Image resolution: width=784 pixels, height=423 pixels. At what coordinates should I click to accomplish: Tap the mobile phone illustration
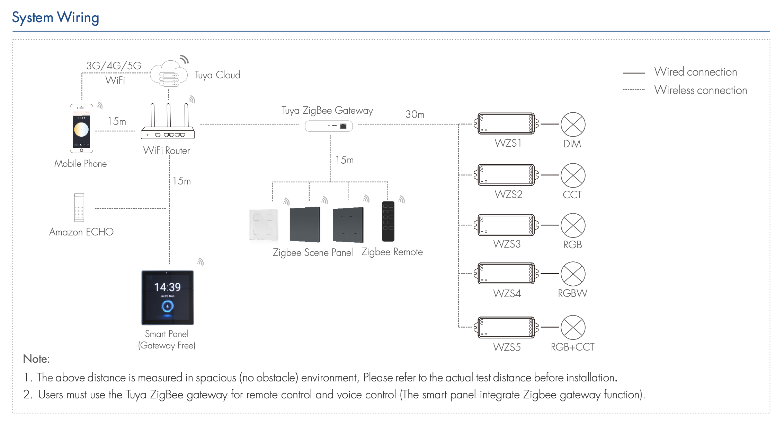tap(81, 128)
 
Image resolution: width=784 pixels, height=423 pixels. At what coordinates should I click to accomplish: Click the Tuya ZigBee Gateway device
tap(329, 126)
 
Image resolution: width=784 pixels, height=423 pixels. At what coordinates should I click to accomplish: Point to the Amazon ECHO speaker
tap(79, 207)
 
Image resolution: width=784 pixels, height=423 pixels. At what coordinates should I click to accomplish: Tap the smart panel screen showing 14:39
tap(168, 297)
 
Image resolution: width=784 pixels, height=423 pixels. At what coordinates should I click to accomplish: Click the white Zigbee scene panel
tap(264, 225)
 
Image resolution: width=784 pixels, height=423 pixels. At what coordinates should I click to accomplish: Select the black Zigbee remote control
tap(388, 221)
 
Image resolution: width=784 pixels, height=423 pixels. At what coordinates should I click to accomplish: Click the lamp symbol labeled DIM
tap(573, 124)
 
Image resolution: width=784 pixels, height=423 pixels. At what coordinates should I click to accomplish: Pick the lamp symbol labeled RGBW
tap(573, 274)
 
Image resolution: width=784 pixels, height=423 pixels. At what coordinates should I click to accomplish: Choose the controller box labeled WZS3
tap(506, 225)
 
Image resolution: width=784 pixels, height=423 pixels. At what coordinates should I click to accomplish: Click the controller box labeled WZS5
tap(506, 327)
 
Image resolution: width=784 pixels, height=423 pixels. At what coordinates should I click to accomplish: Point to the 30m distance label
tap(415, 114)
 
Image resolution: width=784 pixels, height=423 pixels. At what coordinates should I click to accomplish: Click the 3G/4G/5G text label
tap(114, 66)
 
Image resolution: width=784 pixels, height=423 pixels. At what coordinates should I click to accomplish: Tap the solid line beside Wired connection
tap(633, 73)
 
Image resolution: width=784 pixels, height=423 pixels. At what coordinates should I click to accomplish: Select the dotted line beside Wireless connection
tap(633, 89)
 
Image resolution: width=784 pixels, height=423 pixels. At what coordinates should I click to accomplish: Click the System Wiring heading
tap(55, 17)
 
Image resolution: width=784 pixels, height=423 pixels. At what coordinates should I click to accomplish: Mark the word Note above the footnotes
tap(36, 359)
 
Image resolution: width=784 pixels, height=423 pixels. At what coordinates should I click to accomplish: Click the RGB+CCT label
tap(572, 347)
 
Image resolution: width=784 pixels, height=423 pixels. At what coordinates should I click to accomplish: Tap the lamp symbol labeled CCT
tap(573, 175)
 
